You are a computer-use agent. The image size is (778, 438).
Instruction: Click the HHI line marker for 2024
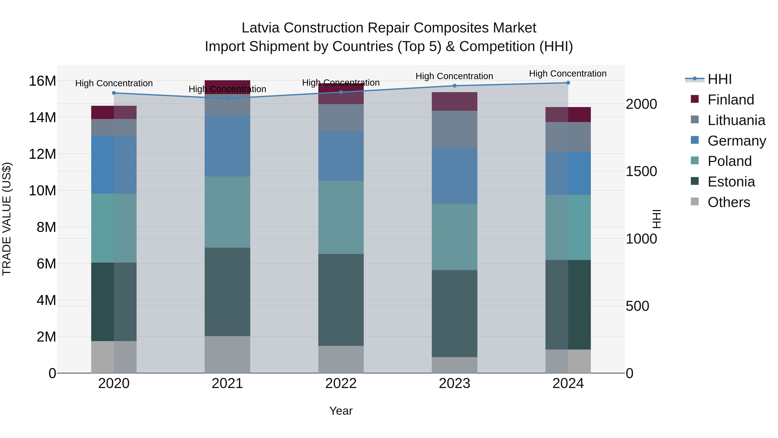click(568, 83)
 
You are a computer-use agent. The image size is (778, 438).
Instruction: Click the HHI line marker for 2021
click(227, 98)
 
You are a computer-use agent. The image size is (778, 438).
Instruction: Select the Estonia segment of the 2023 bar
click(454, 313)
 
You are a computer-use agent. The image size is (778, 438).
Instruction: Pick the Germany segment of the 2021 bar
click(227, 146)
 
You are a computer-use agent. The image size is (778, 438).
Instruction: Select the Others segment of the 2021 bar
click(227, 354)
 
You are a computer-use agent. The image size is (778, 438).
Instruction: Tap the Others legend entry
click(729, 202)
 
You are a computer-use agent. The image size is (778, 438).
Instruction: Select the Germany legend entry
click(736, 141)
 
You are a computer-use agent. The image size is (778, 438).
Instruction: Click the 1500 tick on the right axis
click(641, 171)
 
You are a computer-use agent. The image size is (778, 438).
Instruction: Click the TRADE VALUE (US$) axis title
click(7, 219)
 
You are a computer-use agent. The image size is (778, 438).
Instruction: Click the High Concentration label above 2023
click(454, 76)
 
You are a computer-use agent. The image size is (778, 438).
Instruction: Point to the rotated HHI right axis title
click(656, 219)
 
